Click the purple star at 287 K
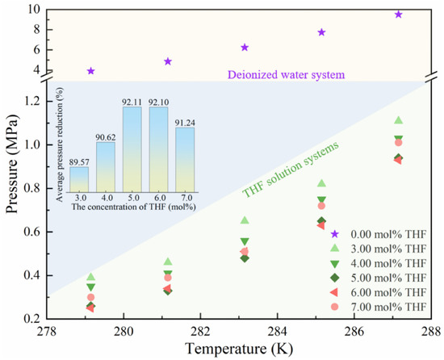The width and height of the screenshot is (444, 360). click(x=399, y=15)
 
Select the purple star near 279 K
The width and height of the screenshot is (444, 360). click(x=90, y=71)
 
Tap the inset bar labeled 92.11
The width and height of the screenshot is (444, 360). click(x=132, y=149)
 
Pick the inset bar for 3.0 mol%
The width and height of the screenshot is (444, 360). click(x=79, y=179)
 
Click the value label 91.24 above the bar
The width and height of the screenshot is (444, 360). click(x=185, y=123)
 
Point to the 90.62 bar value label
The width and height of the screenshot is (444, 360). click(x=105, y=137)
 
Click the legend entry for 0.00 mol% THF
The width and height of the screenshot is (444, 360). click(x=379, y=234)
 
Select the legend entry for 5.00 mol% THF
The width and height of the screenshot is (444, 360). click(x=379, y=278)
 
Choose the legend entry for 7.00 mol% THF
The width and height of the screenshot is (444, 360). click(x=379, y=307)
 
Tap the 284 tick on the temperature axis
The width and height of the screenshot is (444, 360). click(x=277, y=332)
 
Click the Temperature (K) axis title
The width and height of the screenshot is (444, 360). click(x=239, y=349)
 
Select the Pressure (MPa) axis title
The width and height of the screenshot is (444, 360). click(x=12, y=164)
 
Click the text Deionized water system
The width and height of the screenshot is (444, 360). click(x=287, y=75)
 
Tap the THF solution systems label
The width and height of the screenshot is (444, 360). click(x=291, y=170)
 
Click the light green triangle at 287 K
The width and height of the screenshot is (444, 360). click(x=399, y=120)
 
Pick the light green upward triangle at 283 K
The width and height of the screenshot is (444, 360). click(x=245, y=220)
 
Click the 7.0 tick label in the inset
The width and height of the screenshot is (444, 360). click(x=185, y=198)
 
